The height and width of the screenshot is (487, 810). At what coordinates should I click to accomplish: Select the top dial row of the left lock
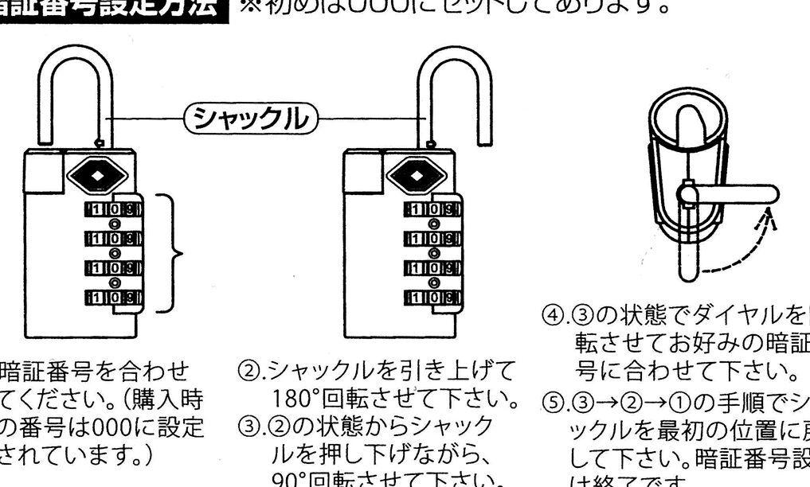pos(113,212)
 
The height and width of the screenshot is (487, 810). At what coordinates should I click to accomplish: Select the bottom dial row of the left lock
pos(113,298)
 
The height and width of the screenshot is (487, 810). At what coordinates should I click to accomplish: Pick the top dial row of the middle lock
pos(433,212)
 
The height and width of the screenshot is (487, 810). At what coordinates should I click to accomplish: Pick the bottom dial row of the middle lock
pos(433,298)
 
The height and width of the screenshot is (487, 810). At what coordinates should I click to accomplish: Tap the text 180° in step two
pos(291,396)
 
